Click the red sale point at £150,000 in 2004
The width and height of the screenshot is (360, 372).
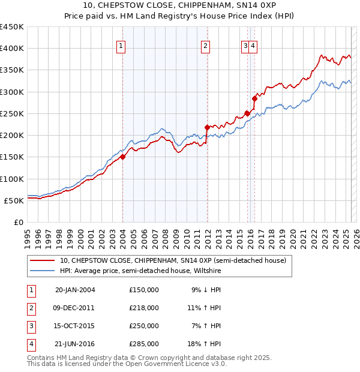(x=122, y=157)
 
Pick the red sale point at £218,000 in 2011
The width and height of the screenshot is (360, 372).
(x=207, y=127)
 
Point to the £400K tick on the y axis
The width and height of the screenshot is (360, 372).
(x=12, y=49)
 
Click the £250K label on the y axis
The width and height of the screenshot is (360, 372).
(x=12, y=113)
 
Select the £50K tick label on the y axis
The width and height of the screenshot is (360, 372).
(x=14, y=200)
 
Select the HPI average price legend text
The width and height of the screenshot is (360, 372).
(x=140, y=271)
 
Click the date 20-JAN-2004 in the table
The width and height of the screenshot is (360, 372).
(x=75, y=290)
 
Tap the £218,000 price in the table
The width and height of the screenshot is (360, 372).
(x=144, y=308)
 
